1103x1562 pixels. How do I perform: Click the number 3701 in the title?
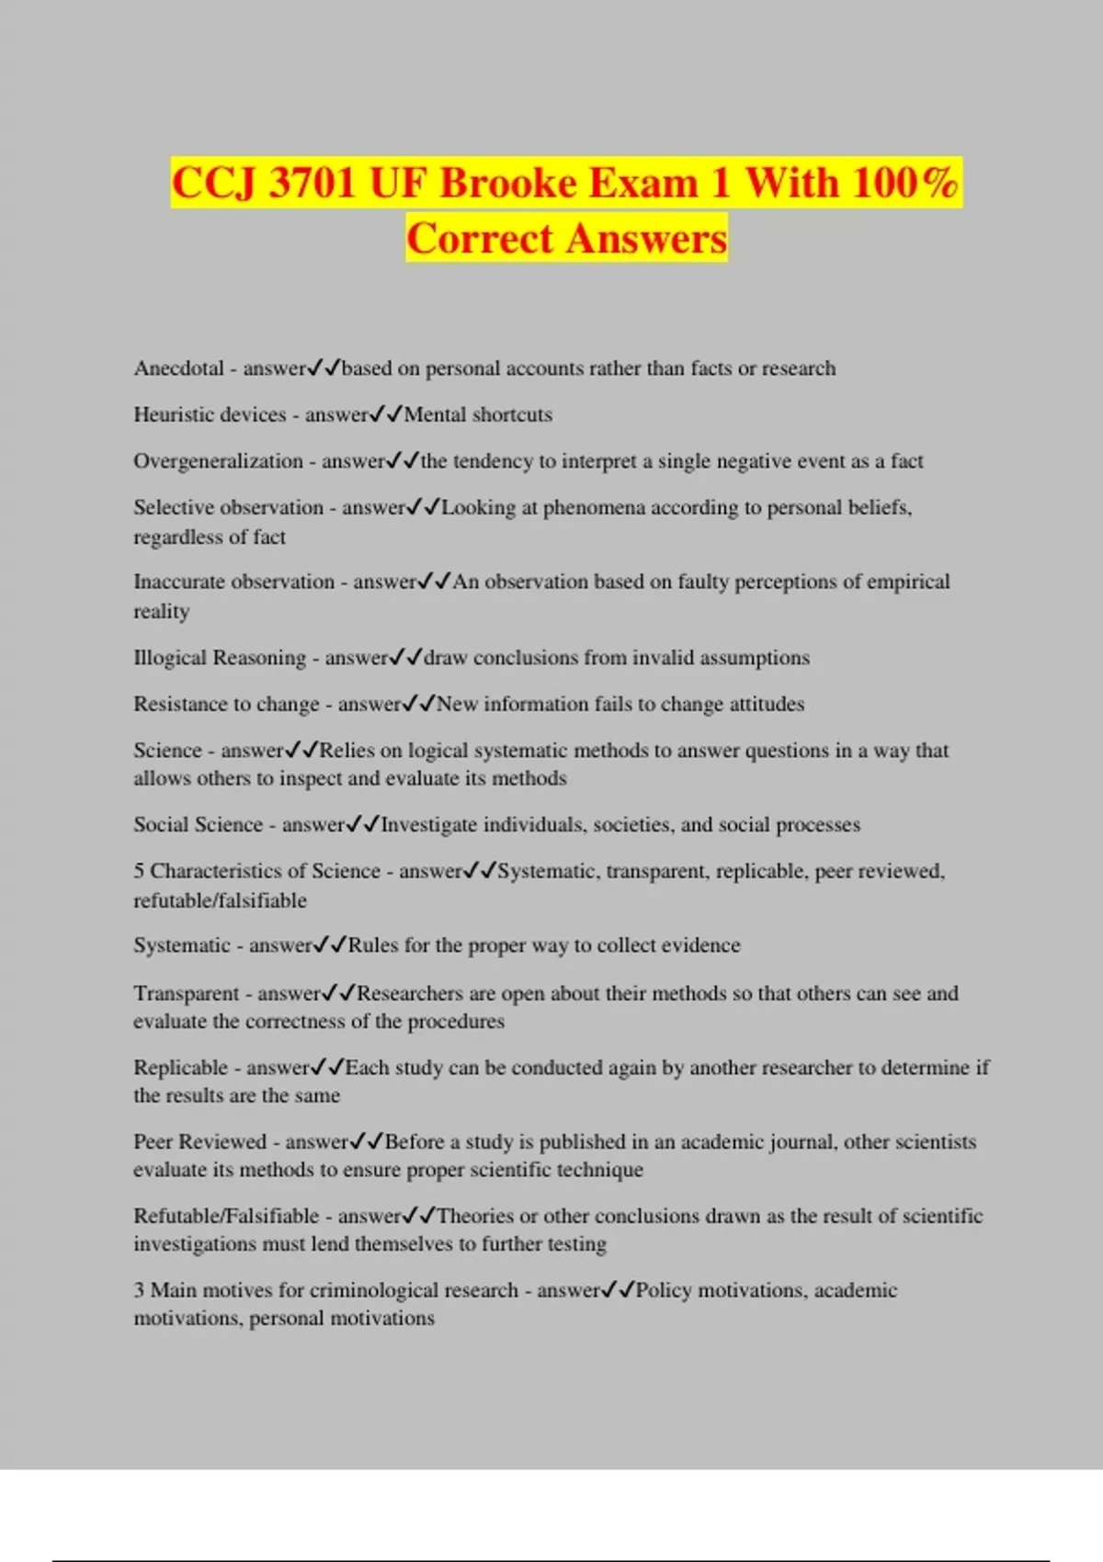coord(311,183)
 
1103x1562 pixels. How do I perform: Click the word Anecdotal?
coord(178,368)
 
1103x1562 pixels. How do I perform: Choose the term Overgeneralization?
coord(218,461)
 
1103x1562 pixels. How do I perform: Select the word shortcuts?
coord(512,414)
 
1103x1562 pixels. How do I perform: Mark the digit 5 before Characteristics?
coord(139,871)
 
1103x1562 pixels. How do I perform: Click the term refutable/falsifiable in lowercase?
coord(220,900)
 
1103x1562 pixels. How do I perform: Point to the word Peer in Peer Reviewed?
coord(153,1142)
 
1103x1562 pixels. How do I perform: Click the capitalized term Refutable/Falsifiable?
coord(226,1217)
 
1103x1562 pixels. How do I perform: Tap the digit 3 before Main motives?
coord(139,1290)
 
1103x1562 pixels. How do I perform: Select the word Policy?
coord(663,1290)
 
